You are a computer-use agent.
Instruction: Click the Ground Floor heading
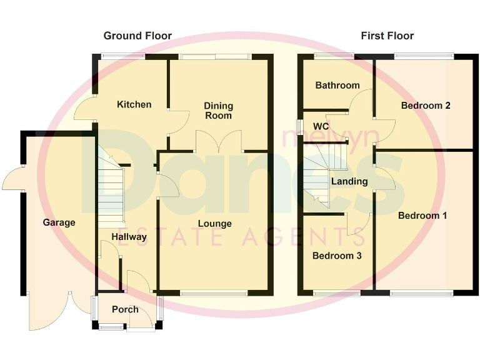click(137, 36)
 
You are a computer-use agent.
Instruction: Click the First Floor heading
click(387, 36)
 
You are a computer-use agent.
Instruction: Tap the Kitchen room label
click(134, 104)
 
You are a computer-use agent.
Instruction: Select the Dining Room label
click(218, 111)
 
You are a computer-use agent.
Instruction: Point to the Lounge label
click(214, 224)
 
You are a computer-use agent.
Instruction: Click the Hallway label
click(129, 237)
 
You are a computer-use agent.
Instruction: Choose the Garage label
click(59, 222)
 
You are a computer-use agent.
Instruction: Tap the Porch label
click(125, 309)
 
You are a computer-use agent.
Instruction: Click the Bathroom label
click(337, 85)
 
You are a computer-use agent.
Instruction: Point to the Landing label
click(349, 181)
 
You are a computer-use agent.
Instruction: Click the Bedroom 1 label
click(422, 216)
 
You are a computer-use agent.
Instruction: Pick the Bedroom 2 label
click(426, 106)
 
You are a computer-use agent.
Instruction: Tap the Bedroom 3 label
click(337, 256)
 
